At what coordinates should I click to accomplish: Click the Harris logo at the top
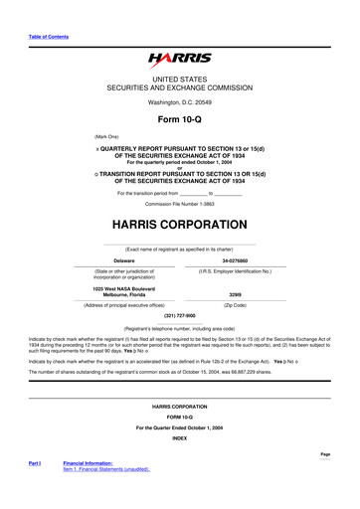click(x=179, y=60)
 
